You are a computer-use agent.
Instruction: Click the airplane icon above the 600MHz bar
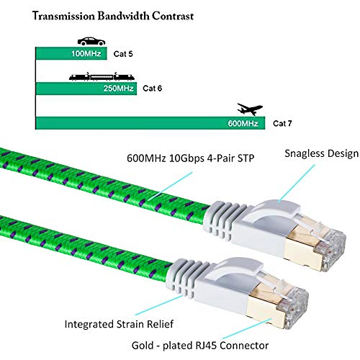249,109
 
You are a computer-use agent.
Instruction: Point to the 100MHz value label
86,54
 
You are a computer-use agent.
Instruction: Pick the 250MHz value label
122,89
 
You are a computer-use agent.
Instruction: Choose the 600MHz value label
243,123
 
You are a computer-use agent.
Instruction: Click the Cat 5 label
127,54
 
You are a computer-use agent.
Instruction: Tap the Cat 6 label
153,89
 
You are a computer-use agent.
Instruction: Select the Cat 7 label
284,123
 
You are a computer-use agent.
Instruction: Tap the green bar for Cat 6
72,89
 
